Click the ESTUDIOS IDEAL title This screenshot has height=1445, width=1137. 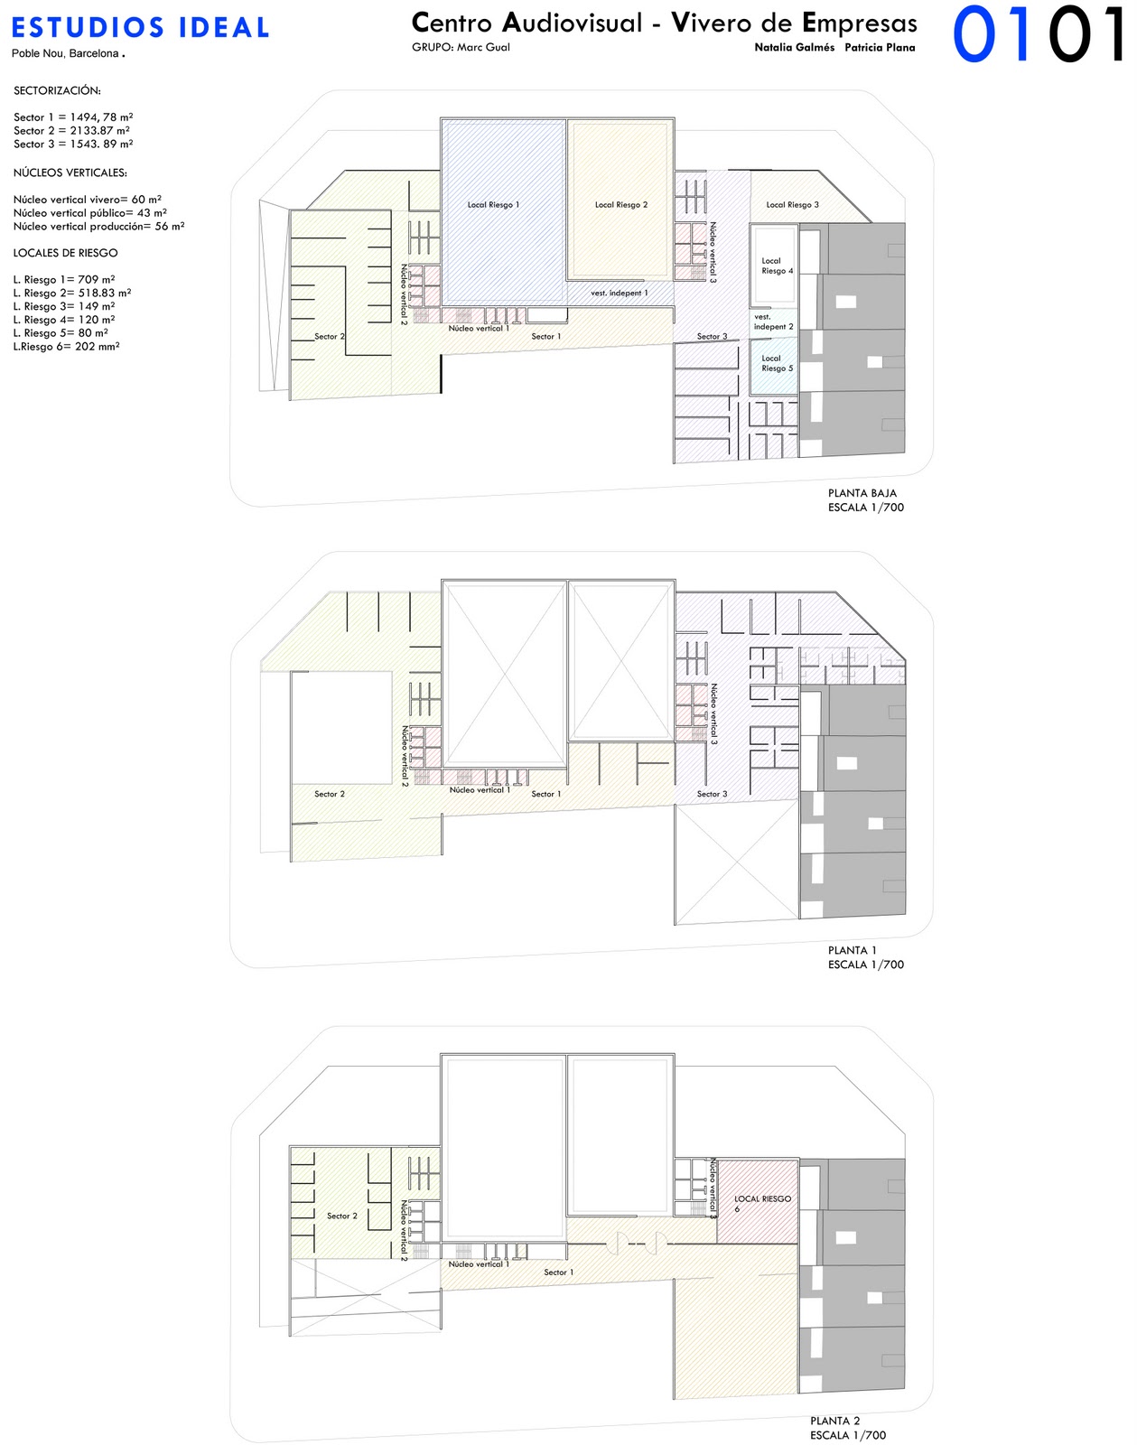coord(140,27)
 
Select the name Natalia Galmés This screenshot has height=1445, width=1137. coord(795,48)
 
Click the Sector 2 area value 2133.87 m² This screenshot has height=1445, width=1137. coord(100,130)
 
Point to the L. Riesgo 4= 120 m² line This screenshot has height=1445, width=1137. coord(64,320)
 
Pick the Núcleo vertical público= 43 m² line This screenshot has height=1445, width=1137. coord(90,213)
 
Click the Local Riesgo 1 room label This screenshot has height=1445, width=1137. coord(493,205)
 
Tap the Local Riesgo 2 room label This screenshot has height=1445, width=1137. coord(621,205)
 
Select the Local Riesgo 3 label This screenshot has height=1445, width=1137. coord(793,205)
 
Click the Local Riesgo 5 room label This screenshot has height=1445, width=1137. coord(777,363)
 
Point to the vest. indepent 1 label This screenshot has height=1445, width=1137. coord(620,293)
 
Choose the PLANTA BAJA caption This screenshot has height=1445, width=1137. coord(862,493)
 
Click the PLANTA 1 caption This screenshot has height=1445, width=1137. coord(852,950)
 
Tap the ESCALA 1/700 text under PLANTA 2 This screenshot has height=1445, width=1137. coord(847,1435)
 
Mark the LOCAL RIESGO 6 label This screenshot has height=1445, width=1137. coord(762,1203)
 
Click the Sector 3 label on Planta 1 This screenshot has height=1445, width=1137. coord(712,794)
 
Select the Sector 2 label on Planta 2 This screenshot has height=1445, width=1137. coord(342,1216)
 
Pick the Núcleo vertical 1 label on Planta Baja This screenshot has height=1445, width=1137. coord(479,329)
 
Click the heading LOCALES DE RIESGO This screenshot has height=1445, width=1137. coord(65,253)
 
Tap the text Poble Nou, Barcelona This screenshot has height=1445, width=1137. coord(68,53)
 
